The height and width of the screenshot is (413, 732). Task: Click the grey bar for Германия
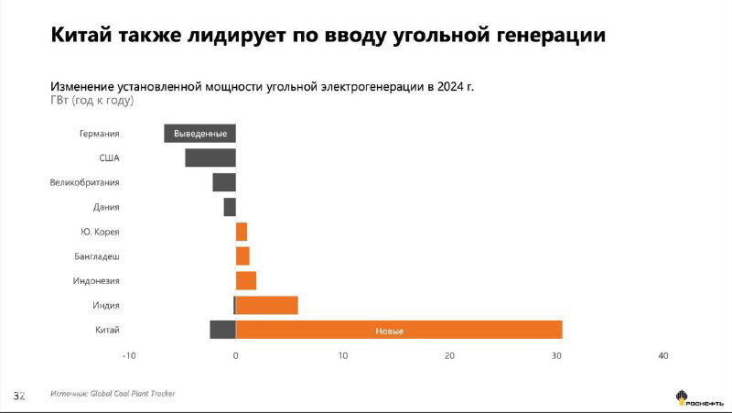199,133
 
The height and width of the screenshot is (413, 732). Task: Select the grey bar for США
210,158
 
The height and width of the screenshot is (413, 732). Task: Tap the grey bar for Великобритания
223,182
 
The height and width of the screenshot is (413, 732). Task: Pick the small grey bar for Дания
229,207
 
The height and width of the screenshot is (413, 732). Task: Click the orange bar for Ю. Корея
242,232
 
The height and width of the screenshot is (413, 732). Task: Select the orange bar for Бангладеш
242,256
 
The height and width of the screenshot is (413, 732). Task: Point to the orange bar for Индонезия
246,280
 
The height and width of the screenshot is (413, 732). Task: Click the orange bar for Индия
267,305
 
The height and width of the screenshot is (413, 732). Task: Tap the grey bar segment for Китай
222,330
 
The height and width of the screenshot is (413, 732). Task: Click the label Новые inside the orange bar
389,331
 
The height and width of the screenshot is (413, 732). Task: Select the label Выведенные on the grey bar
199,134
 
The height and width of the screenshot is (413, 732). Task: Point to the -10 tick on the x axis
129,355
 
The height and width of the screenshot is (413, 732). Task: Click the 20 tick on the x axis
449,355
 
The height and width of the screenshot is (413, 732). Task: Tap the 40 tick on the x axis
663,355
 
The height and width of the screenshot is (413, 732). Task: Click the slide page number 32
18,396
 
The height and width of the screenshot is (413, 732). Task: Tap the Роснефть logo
699,398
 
